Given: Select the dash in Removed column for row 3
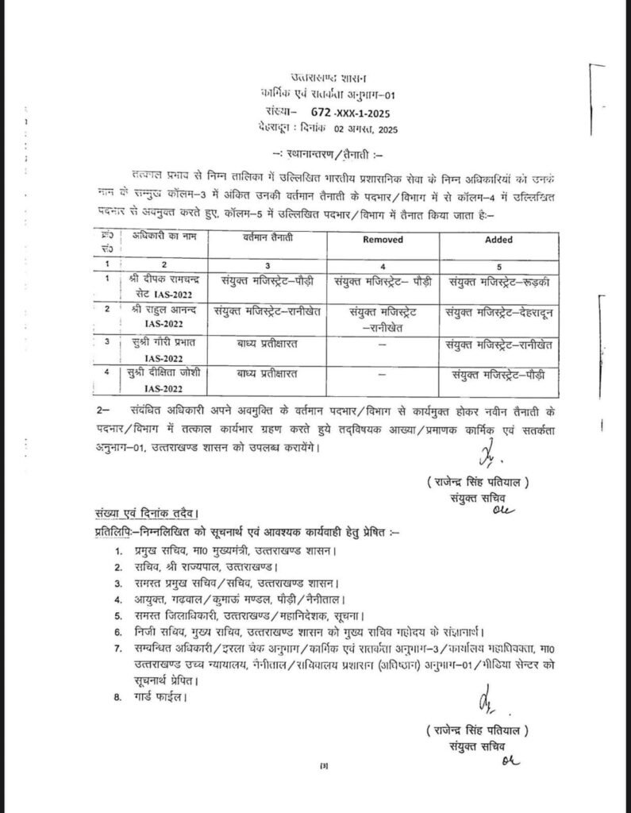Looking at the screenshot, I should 383,343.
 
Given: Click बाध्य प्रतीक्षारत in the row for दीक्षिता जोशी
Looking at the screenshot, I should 269,372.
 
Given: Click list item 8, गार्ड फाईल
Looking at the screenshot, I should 157,698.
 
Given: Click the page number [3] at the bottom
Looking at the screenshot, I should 323,766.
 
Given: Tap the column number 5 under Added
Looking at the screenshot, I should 498,262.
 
